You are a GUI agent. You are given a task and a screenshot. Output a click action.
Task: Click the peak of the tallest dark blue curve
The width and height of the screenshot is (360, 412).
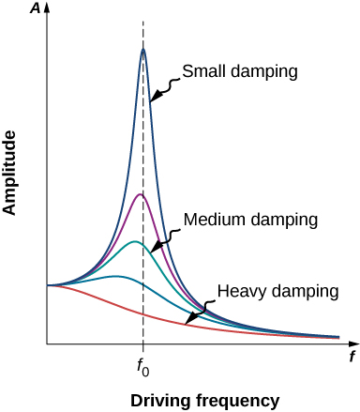pyautogui.click(x=143, y=50)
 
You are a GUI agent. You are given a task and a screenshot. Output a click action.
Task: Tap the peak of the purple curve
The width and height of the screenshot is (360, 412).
pyautogui.click(x=140, y=194)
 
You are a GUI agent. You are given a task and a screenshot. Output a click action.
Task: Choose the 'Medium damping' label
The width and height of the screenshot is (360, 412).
pyautogui.click(x=251, y=218)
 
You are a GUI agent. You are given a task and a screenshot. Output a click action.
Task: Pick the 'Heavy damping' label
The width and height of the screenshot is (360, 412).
pyautogui.click(x=277, y=291)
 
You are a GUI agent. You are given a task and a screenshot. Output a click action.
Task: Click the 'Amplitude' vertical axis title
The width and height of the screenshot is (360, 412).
pyautogui.click(x=13, y=174)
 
